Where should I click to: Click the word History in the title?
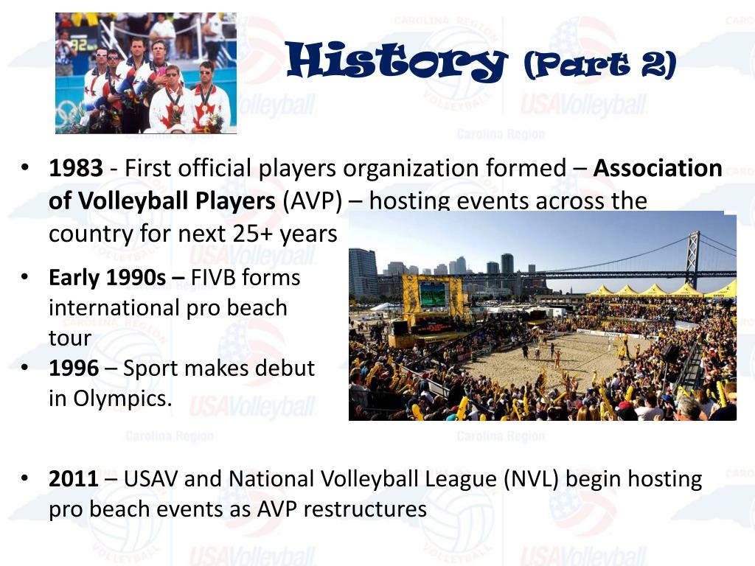pos(396,62)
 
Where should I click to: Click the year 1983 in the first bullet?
pos(76,169)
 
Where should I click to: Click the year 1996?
pos(76,368)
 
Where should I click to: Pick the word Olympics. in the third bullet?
pos(122,398)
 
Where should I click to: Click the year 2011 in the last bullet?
pos(73,479)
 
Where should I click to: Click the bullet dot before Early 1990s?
pos(24,278)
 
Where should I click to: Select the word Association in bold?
pos(658,169)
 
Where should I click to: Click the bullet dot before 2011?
pos(24,479)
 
